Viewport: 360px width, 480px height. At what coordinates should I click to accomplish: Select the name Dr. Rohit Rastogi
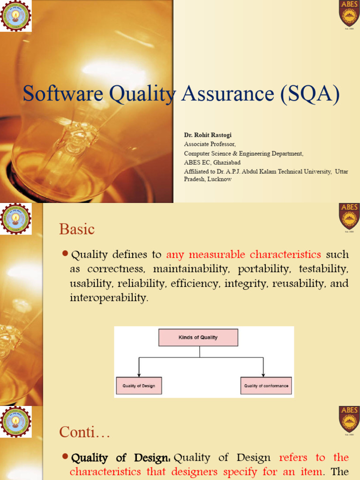coord(208,135)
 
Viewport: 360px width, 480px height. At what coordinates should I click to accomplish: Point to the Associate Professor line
coord(210,144)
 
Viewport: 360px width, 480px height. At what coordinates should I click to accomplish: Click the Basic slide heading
coord(77,229)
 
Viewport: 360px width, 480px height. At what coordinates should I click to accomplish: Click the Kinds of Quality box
coord(198,337)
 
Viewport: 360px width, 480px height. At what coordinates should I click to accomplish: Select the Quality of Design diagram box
coord(139,386)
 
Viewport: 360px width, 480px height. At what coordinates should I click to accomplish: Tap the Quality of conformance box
coord(266,386)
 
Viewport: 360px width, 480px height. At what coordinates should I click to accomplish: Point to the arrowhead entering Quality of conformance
coord(263,375)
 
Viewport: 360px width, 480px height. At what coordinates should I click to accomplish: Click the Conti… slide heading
coord(85,432)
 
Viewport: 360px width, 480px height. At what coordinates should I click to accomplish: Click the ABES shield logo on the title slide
coord(349,14)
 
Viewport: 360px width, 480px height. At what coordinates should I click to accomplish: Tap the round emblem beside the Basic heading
coord(16,219)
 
